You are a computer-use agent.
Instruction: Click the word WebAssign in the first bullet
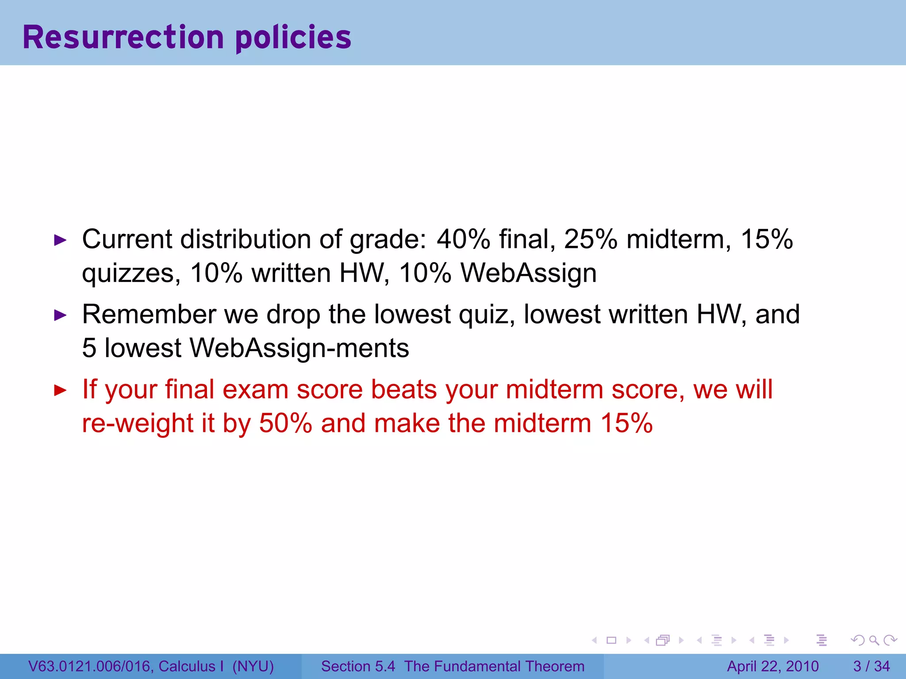tap(529, 273)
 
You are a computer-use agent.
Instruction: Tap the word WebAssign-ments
tap(299, 348)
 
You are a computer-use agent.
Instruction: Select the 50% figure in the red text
tap(286, 423)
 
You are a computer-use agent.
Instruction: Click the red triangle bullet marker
tap(60, 390)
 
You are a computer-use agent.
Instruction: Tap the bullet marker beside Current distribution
tap(60, 240)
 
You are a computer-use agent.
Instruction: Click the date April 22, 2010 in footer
tap(773, 666)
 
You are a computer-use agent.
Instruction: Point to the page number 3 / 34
tap(871, 666)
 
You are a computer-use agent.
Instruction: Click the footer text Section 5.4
tap(358, 666)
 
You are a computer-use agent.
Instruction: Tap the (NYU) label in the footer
tap(253, 666)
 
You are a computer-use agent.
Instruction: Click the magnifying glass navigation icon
tap(874, 640)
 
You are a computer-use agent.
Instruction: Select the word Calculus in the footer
tap(187, 666)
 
